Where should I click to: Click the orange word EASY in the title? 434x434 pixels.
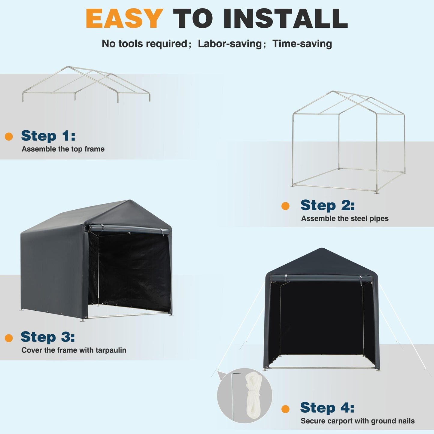click(124, 19)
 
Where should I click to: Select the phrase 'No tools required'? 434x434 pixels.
click(144, 44)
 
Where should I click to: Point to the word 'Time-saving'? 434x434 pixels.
click(302, 44)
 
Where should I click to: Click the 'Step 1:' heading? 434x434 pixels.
click(48, 136)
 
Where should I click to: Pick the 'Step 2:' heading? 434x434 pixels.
click(327, 205)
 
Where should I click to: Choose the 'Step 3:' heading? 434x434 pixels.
click(47, 337)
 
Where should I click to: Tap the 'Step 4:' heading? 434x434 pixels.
click(327, 408)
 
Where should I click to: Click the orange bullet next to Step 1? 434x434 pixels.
click(9, 137)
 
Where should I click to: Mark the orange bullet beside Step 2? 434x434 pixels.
click(285, 206)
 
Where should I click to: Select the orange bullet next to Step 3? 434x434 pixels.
click(9, 338)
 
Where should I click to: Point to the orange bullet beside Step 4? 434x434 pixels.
click(285, 409)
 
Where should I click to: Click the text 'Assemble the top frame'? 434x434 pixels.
click(63, 149)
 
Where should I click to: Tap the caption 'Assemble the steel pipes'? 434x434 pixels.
click(345, 219)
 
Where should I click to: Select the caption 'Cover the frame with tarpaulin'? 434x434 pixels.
click(74, 350)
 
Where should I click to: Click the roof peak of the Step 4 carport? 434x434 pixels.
click(322, 249)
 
